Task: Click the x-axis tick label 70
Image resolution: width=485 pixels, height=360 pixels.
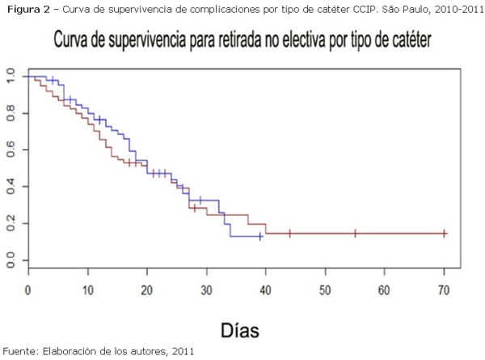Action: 444,289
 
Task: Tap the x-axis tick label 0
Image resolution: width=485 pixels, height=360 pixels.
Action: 28,289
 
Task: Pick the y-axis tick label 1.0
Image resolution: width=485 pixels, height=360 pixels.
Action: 10,76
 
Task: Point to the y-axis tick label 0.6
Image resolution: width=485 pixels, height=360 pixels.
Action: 10,150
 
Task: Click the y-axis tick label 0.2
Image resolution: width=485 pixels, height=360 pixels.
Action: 10,223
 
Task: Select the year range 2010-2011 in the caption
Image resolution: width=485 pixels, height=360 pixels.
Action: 453,8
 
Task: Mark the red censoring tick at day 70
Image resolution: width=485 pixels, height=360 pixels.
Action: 444,233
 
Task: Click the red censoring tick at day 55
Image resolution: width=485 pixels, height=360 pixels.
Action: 355,233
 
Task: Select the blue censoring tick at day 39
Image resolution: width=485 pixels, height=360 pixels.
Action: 259,236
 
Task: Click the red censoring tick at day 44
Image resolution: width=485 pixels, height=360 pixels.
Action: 289,233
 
